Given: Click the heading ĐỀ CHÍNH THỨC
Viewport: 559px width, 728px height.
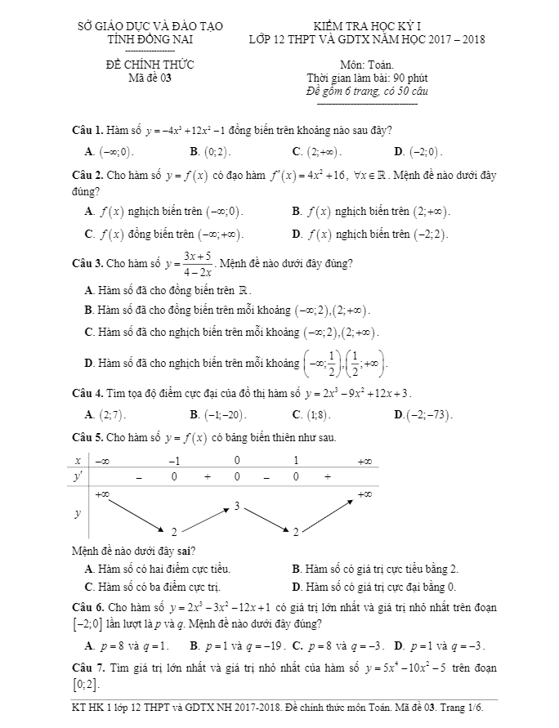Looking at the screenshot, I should (150, 65).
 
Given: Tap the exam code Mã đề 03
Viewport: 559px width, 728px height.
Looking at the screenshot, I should (150, 78).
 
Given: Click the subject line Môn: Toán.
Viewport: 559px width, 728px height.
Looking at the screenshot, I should (366, 65).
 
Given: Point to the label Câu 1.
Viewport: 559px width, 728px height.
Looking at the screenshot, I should (87, 130).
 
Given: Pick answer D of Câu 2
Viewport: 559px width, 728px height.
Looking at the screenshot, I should (371, 234).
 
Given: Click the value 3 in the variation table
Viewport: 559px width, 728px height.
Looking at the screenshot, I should (236, 507).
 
